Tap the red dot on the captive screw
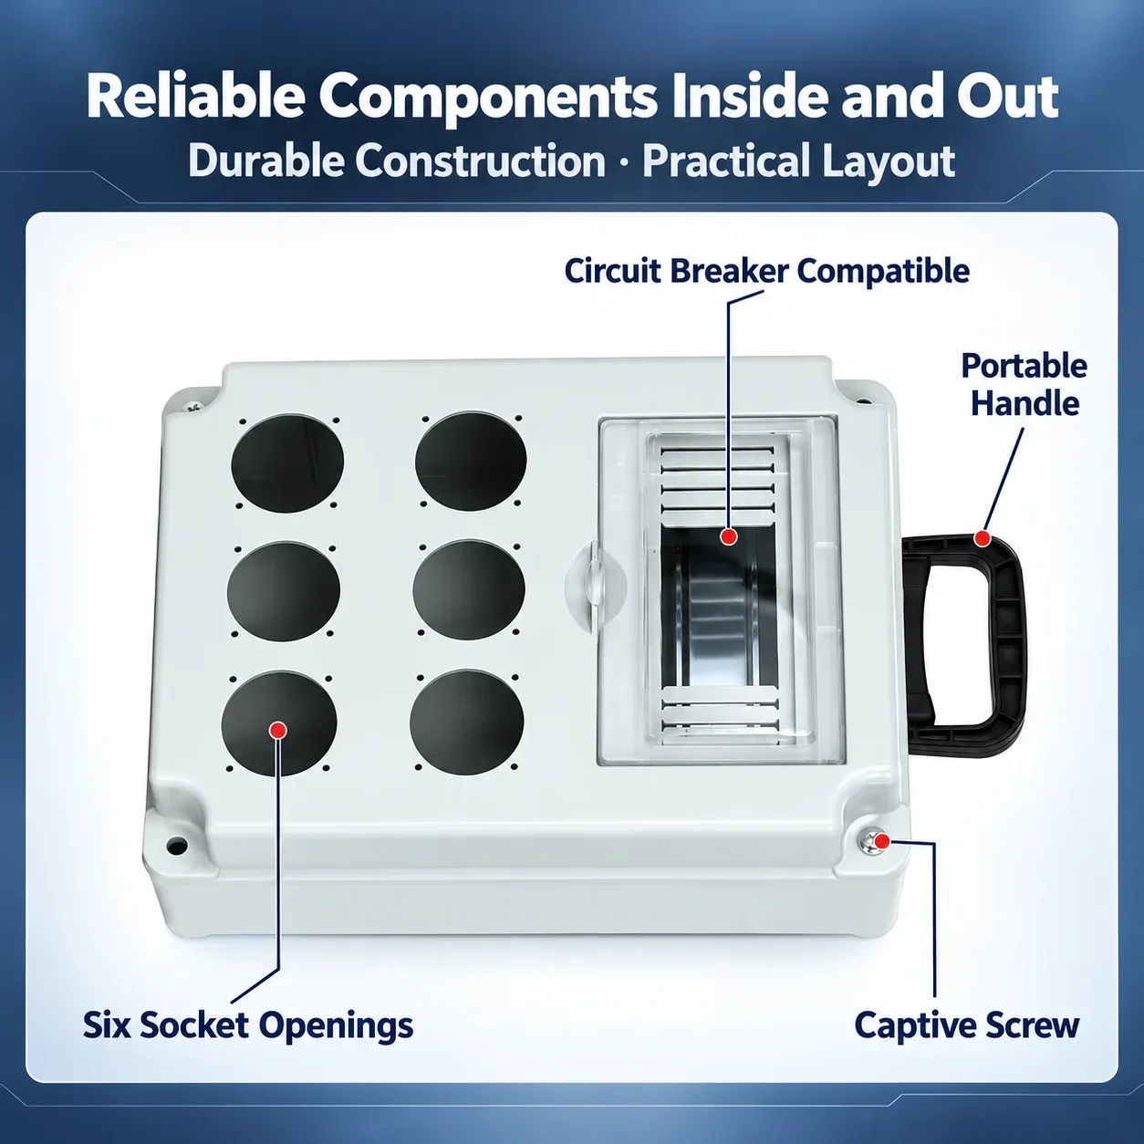[882, 841]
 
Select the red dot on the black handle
[983, 539]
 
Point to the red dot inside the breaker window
[728, 536]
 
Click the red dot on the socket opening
[277, 730]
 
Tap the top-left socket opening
[287, 463]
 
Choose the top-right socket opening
[471, 462]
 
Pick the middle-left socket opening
[284, 591]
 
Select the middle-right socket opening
[469, 590]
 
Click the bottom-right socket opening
[466, 722]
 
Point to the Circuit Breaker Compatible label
[767, 271]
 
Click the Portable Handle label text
[1024, 385]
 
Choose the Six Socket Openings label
[248, 1024]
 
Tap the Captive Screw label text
[966, 1024]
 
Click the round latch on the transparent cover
[595, 585]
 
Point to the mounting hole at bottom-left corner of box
[176, 845]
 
